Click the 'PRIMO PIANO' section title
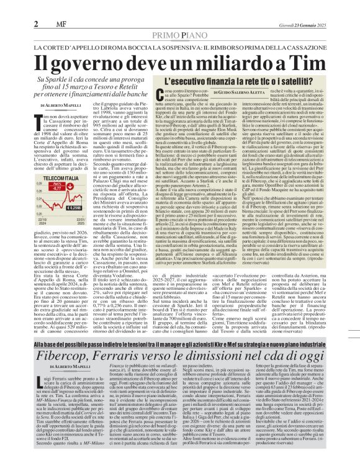coord(180,36)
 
